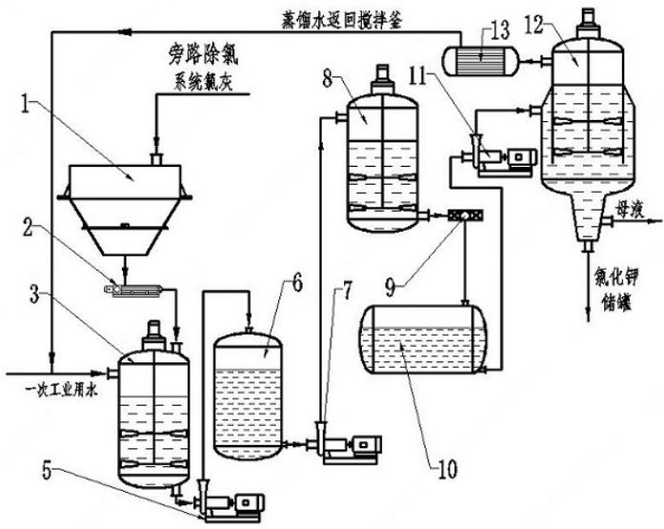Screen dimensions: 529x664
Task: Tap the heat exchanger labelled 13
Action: pos(484,59)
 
